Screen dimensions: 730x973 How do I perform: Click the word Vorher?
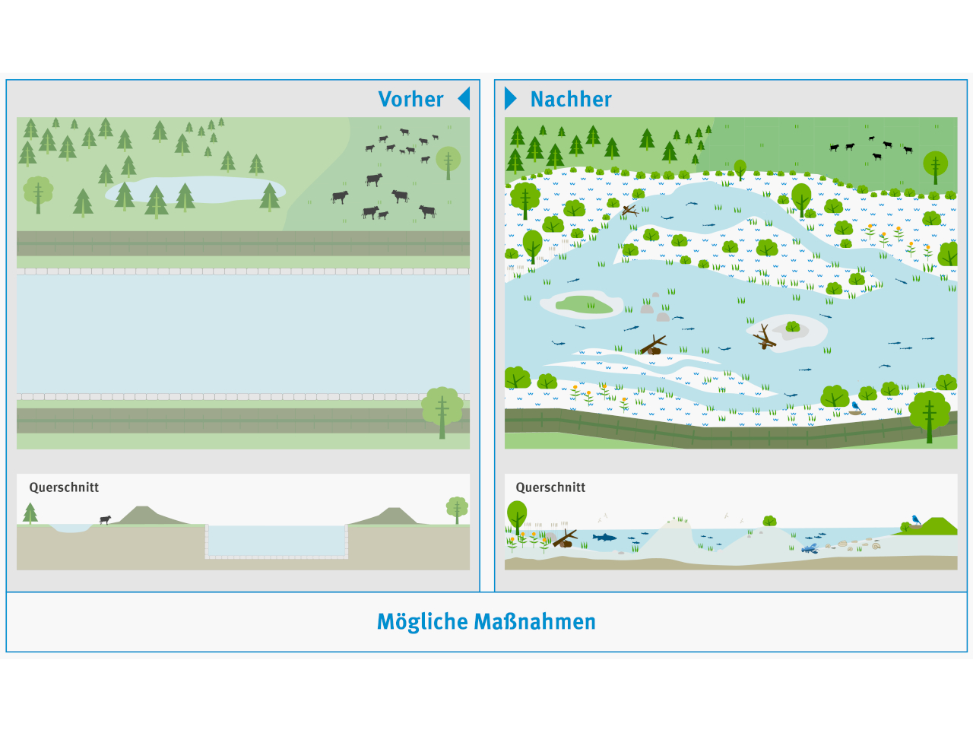click(x=410, y=99)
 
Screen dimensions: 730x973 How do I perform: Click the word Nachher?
click(x=570, y=99)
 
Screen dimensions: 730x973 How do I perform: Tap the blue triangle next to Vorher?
click(x=464, y=98)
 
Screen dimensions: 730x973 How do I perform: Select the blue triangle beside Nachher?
click(x=511, y=98)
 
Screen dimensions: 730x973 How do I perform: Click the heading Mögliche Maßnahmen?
click(x=486, y=622)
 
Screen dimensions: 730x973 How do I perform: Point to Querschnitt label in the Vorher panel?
click(x=64, y=487)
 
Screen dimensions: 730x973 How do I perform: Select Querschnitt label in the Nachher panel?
click(x=550, y=487)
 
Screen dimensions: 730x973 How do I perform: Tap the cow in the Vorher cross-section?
click(x=105, y=520)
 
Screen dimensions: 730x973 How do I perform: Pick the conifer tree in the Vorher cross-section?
click(x=30, y=513)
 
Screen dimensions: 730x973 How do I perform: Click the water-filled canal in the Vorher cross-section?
click(x=277, y=541)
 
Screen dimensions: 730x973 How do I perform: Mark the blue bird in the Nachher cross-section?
click(x=915, y=520)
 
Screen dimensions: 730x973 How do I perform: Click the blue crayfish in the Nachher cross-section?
click(x=810, y=547)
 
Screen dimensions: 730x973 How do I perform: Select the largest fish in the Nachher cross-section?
click(x=604, y=538)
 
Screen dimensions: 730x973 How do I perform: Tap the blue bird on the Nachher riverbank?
click(x=855, y=407)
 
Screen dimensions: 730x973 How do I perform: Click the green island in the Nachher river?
click(x=584, y=305)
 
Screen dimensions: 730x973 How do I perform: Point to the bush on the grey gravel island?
click(x=793, y=326)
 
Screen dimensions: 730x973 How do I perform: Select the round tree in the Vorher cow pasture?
click(x=448, y=160)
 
